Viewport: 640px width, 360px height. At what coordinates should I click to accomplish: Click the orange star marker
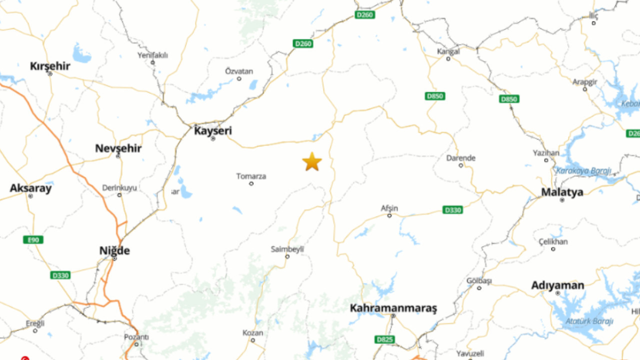312,162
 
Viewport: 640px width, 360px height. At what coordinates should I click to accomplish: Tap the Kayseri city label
213,130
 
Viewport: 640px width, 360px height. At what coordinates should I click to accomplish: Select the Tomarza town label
251,176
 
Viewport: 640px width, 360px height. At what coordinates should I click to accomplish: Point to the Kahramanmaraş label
393,308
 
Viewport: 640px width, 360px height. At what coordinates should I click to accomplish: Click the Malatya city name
562,192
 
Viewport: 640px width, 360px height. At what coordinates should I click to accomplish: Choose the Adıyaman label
557,285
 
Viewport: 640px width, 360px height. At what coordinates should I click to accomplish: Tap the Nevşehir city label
118,148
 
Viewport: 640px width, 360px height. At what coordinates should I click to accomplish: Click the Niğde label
114,250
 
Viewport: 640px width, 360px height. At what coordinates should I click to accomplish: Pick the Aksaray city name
30,188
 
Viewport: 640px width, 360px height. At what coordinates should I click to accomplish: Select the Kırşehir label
50,66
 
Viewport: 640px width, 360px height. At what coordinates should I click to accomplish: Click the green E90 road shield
33,240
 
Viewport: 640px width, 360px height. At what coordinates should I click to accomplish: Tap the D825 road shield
384,339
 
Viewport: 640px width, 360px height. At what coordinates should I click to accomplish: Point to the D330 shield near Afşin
453,210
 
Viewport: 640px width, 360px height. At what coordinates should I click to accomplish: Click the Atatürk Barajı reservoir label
589,321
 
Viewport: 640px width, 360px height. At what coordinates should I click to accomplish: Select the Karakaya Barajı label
583,171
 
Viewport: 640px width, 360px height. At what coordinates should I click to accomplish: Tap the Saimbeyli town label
287,249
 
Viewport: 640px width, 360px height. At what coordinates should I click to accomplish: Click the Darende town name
460,158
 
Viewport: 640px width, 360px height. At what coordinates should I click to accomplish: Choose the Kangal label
448,51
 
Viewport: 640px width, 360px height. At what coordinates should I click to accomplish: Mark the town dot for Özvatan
239,78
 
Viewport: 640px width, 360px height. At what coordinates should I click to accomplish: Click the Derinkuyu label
119,188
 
